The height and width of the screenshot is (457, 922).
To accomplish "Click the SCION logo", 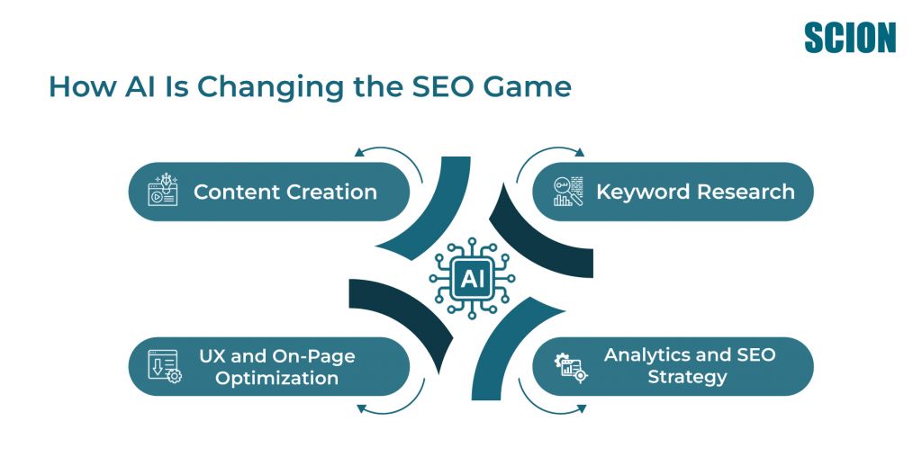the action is (850, 38).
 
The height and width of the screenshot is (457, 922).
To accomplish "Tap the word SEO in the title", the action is (437, 86).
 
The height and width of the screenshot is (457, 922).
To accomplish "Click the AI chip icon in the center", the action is (472, 279).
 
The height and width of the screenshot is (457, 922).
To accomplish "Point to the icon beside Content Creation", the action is (163, 190).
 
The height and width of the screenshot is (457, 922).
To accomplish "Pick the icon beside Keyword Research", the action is (568, 191).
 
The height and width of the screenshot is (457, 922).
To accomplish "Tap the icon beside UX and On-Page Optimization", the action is (165, 366).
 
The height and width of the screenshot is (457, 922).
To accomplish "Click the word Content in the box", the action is (237, 193).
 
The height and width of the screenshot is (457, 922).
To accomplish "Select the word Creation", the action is (331, 193).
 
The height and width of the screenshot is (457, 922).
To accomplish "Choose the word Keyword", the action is (643, 193).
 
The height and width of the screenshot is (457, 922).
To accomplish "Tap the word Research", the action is (746, 193).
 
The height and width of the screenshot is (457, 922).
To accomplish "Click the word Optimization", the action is (276, 377).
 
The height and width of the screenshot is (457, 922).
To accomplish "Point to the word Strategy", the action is (687, 377).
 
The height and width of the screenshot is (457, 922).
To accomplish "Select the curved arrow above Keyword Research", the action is (546, 152).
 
